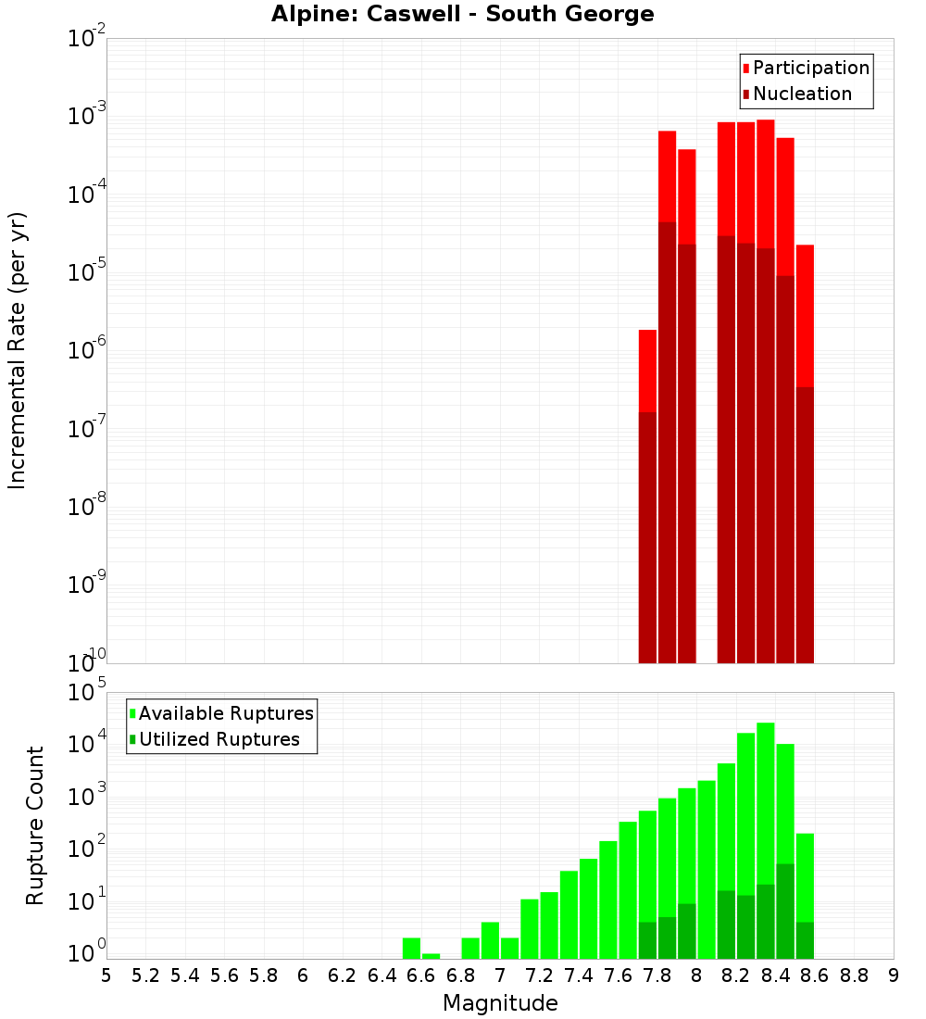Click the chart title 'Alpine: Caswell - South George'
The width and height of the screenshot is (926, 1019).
coord(462,15)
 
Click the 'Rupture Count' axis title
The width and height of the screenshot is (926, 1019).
coord(35,825)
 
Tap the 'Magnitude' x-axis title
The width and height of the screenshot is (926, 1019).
coord(500,1003)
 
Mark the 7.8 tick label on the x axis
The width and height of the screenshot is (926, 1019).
coord(657,975)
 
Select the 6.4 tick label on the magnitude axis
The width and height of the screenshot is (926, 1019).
coord(382,975)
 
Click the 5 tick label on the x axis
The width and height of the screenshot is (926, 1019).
coord(106,975)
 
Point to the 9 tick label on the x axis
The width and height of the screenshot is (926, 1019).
coord(894,975)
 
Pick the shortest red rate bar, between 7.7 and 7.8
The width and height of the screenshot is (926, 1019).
coord(647,371)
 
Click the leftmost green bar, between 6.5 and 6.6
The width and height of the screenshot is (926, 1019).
coord(411,949)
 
